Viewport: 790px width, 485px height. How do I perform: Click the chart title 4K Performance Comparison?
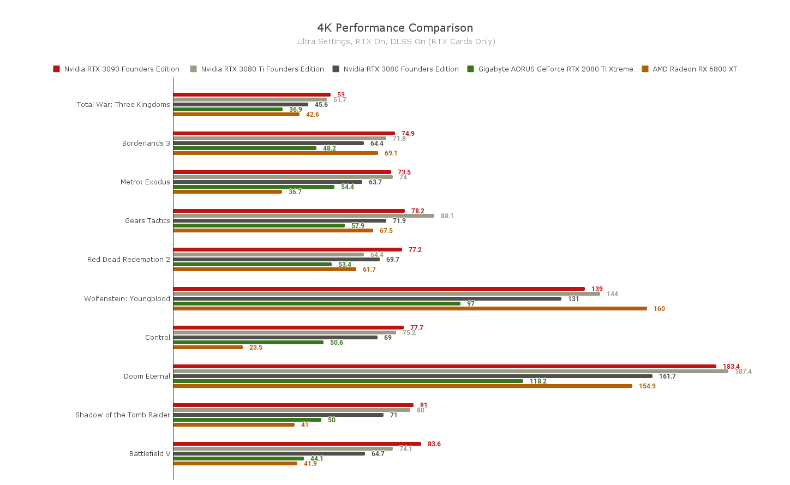click(395, 28)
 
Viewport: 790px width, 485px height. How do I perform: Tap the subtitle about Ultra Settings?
click(396, 41)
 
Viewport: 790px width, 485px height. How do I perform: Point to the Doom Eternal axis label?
click(147, 376)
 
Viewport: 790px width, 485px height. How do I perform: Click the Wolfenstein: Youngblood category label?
click(127, 299)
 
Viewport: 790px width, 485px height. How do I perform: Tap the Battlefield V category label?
click(150, 454)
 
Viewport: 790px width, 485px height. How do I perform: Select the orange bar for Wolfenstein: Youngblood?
click(410, 309)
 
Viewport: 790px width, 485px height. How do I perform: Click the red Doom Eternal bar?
click(445, 367)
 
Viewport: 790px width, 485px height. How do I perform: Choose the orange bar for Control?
click(208, 348)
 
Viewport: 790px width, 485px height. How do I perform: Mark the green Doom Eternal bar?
click(348, 381)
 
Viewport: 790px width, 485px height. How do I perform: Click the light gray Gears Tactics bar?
click(304, 216)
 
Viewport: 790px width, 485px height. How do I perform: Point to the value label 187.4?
click(743, 372)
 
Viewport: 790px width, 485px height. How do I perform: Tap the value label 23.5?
click(256, 348)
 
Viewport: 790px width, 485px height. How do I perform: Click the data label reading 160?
click(659, 309)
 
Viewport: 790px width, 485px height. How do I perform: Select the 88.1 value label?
click(447, 216)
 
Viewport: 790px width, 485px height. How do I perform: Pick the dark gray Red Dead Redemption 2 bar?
click(277, 260)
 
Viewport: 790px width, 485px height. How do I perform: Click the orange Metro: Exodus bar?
click(228, 192)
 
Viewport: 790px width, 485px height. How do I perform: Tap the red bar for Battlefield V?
click(297, 444)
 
